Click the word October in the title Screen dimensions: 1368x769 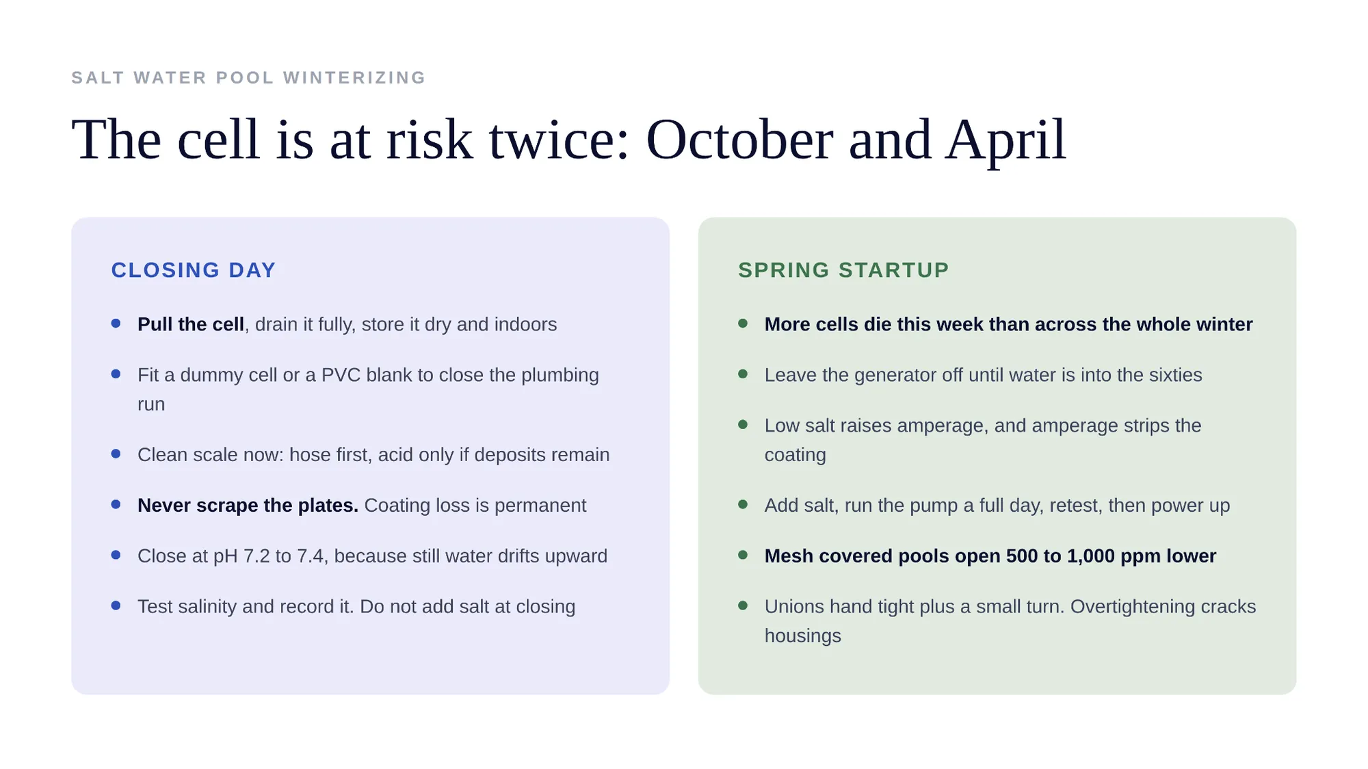pyautogui.click(x=739, y=140)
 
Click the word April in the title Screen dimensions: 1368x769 pyautogui.click(x=1005, y=141)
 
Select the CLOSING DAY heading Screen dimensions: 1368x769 pyautogui.click(x=194, y=270)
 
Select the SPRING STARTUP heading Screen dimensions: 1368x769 pyautogui.click(x=843, y=270)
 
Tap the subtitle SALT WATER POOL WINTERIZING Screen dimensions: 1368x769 pyautogui.click(x=249, y=78)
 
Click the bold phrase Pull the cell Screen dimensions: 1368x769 pyautogui.click(x=191, y=324)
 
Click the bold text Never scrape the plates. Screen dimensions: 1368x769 pyautogui.click(x=248, y=506)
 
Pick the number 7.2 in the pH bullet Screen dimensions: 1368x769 pyautogui.click(x=256, y=556)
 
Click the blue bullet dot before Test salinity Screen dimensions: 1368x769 pyautogui.click(x=116, y=605)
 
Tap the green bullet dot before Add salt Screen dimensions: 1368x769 pyautogui.click(x=743, y=504)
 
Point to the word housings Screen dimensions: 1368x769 pyautogui.click(x=803, y=636)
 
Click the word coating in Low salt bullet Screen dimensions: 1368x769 pyautogui.click(x=795, y=456)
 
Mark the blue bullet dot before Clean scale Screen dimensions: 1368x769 pyautogui.click(x=116, y=454)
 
